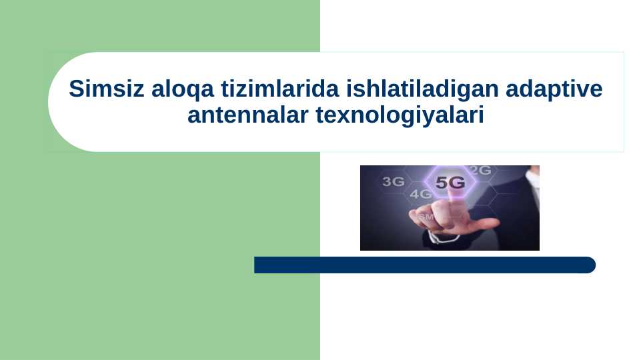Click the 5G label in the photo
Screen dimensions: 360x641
(450, 183)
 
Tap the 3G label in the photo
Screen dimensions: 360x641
(393, 181)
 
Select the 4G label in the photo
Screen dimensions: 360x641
(420, 195)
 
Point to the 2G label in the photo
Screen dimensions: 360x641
(480, 171)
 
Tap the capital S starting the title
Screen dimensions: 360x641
(75, 89)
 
